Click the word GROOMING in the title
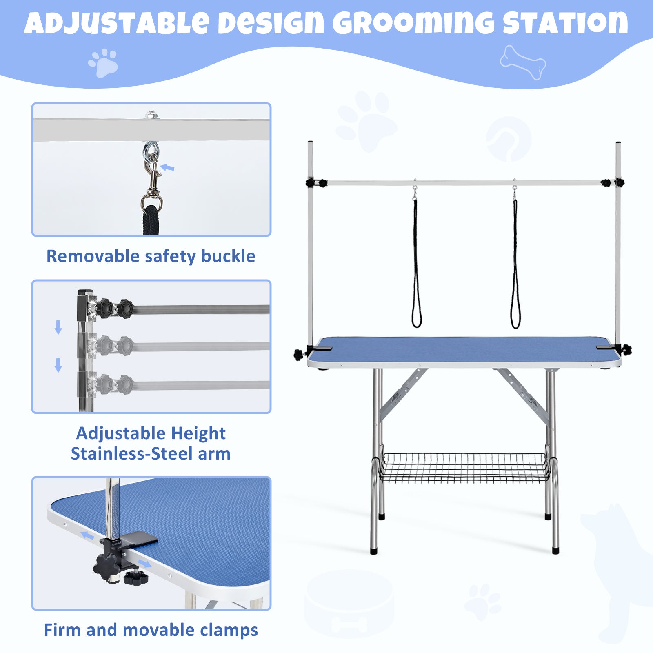[413, 24]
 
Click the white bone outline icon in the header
[523, 62]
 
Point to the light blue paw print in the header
[103, 62]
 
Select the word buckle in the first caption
[228, 256]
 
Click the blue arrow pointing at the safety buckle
[167, 167]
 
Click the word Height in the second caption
[198, 433]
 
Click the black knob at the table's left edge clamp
[299, 354]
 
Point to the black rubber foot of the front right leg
[555, 550]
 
